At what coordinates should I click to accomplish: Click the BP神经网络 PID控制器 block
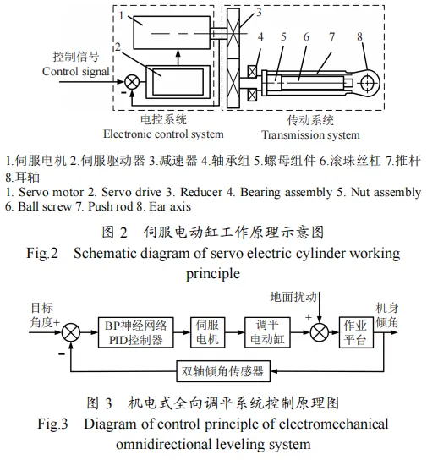pos(135,332)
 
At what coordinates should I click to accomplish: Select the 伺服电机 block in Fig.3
pos(208,332)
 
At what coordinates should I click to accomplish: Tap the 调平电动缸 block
pos(267,332)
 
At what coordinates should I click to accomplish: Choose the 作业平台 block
pos(356,332)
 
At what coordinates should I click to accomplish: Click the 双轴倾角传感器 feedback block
pos(223,371)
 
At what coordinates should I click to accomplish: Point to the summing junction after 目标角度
pos(71,332)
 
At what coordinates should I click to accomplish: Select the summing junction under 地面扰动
pos(320,332)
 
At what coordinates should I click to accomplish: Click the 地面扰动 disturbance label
pos(293,297)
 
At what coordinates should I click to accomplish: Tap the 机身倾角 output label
pos(387,315)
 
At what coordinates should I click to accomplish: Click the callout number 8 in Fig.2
pos(359,37)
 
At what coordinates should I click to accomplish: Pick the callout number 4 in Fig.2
pos(260,37)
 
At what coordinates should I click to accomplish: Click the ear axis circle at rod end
pos(367,83)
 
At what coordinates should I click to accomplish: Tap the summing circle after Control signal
pos(132,82)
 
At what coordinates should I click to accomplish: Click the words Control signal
pos(75,71)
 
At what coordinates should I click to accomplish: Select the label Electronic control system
pos(163,134)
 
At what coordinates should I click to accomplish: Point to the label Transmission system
pos(310,135)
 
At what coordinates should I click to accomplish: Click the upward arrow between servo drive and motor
pos(178,57)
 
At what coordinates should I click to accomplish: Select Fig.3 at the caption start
pos(52,424)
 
